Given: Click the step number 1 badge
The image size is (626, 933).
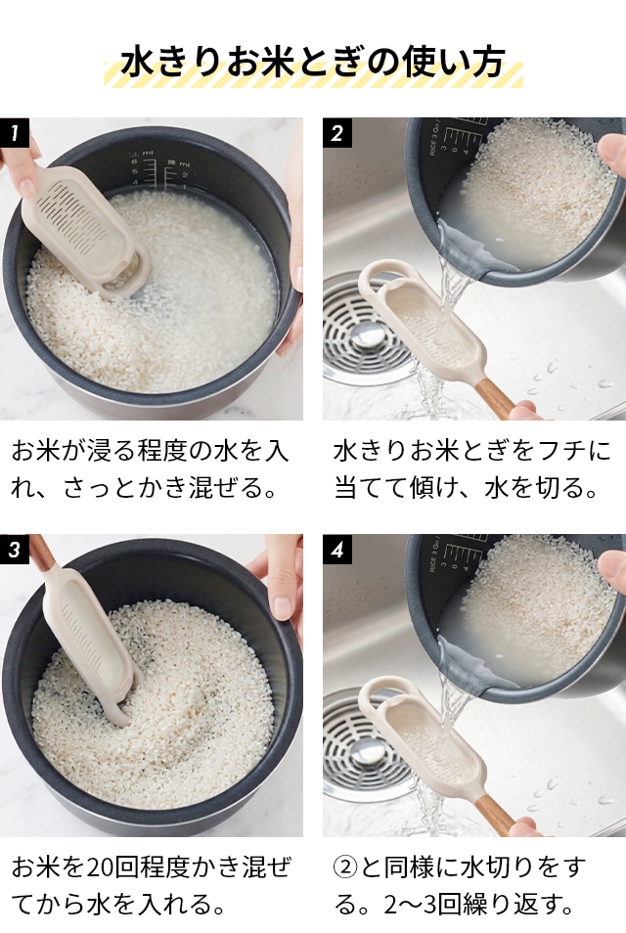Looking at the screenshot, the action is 14,133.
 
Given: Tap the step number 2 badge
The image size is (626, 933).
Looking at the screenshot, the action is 336,133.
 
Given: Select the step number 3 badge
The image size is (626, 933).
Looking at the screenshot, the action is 14,549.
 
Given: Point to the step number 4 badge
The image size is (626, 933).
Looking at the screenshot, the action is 336,549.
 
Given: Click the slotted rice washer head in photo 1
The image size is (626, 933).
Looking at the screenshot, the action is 83,231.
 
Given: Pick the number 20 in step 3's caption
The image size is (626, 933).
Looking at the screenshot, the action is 101,868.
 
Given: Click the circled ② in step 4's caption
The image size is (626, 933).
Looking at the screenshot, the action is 345,868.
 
